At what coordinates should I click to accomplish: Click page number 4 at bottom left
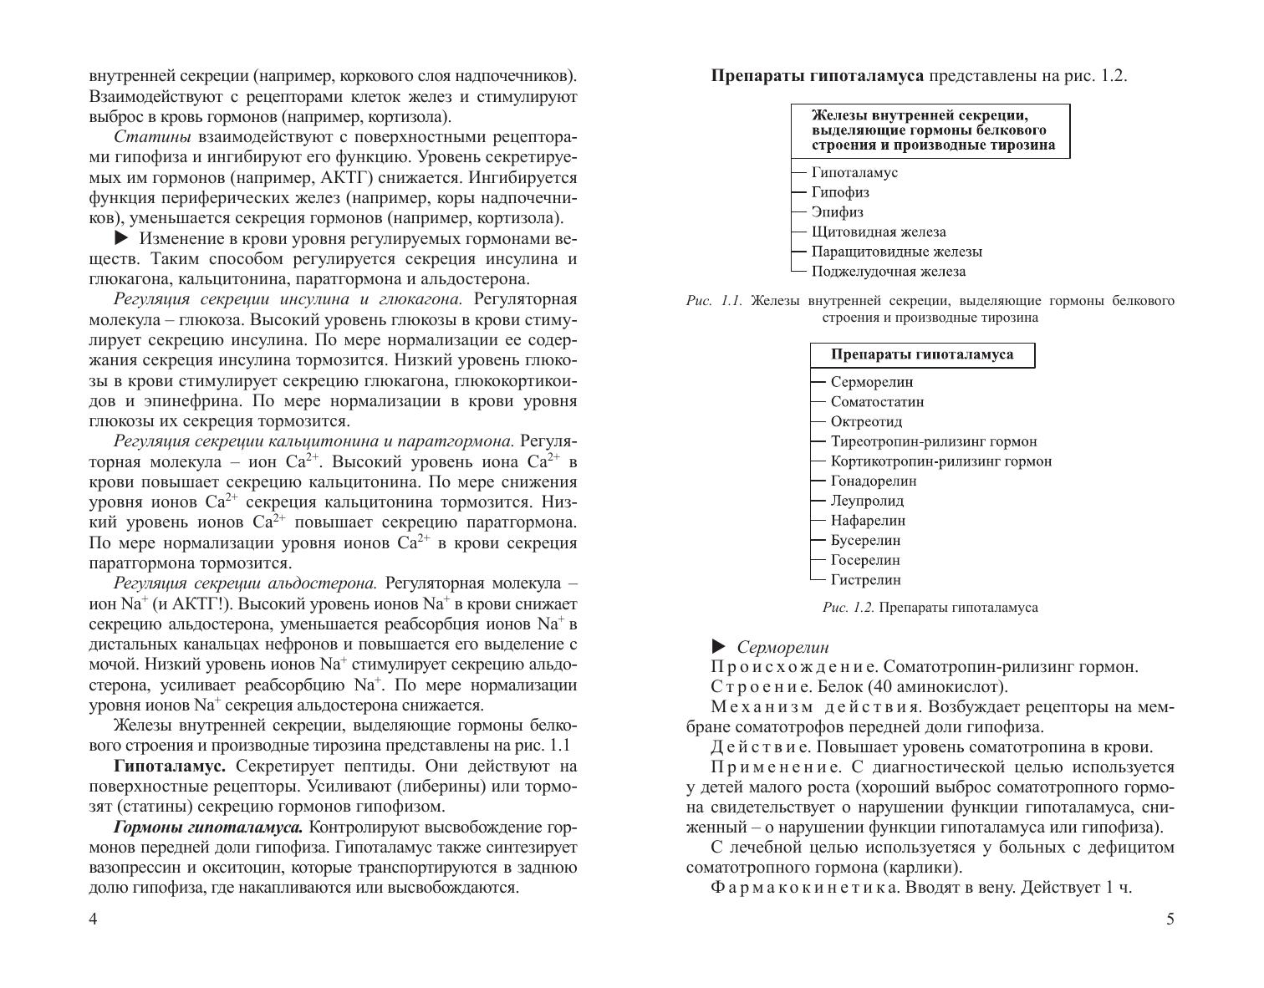point(93,919)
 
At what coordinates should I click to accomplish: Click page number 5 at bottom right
point(1170,919)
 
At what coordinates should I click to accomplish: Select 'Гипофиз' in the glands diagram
point(840,192)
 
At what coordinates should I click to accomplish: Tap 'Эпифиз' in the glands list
point(838,212)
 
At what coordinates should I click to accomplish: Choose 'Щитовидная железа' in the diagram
point(879,232)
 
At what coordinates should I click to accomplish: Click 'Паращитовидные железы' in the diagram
point(897,252)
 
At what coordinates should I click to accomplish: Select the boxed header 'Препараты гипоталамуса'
point(922,354)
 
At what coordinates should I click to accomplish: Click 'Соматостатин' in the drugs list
point(877,402)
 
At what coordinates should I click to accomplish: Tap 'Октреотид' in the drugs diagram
point(866,422)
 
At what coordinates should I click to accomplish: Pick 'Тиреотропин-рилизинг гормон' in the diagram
point(933,441)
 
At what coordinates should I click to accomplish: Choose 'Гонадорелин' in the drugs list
point(874,481)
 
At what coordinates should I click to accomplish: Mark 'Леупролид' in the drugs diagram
point(867,502)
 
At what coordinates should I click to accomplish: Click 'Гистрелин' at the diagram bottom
point(865,580)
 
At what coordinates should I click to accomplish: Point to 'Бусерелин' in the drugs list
point(865,541)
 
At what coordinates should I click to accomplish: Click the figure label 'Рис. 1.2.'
point(848,608)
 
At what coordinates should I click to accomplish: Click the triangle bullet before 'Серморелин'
point(718,646)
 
